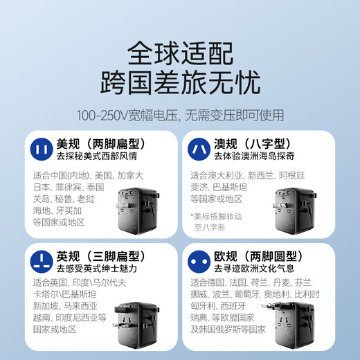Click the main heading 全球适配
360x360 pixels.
[x=180, y=53]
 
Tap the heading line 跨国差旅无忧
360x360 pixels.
[x=180, y=83]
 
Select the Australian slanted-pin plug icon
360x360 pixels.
[x=198, y=148]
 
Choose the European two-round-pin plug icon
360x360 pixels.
[x=198, y=260]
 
